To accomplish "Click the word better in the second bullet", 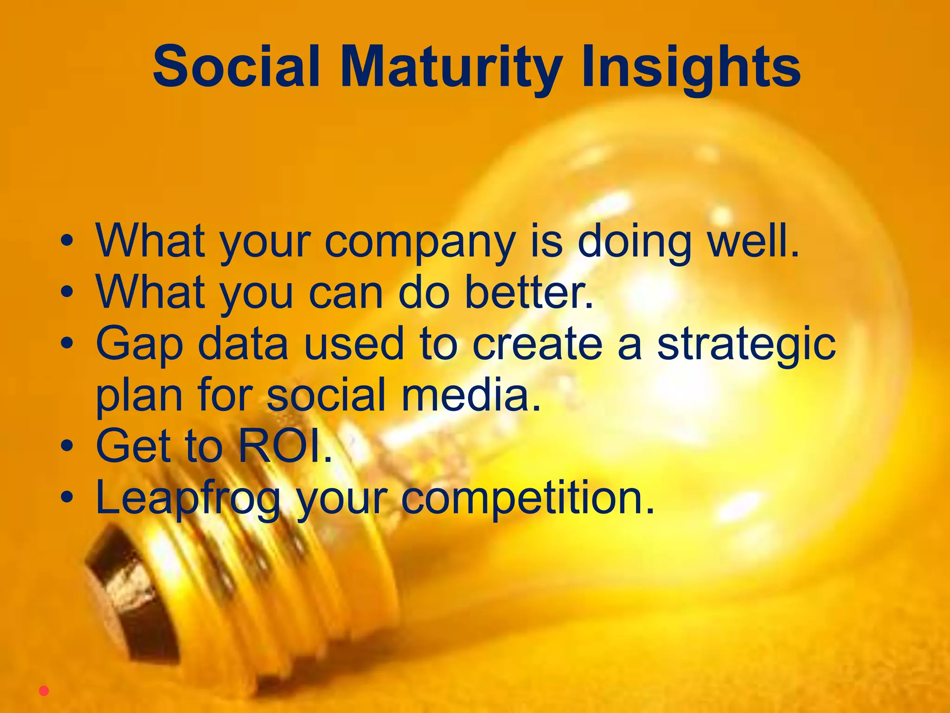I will pyautogui.click(x=529, y=292).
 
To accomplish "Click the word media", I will pyautogui.click(x=471, y=395).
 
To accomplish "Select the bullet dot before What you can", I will pyautogui.click(x=67, y=292).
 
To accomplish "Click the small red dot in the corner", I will pyautogui.click(x=44, y=691).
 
